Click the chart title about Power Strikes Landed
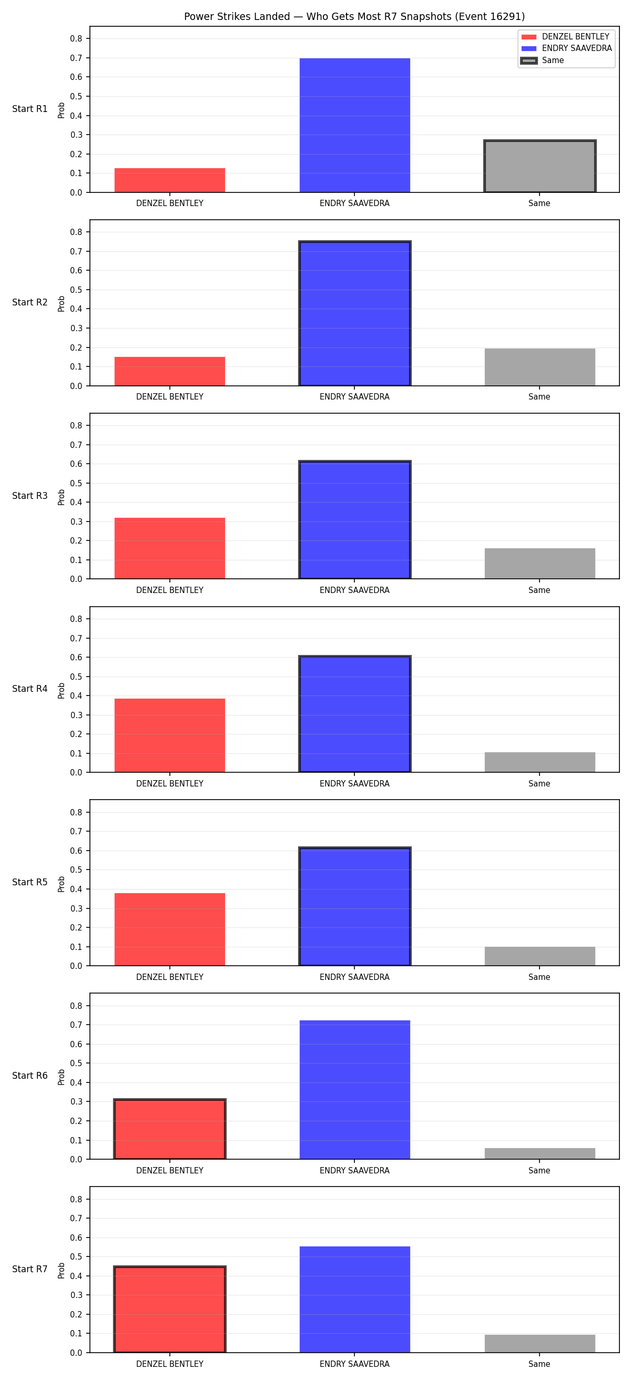[x=354, y=17]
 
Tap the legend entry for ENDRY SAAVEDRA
[x=566, y=48]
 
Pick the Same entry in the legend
[x=542, y=60]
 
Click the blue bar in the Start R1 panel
[x=354, y=125]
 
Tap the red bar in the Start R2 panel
[x=170, y=371]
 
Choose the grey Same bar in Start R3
[x=540, y=564]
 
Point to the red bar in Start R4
[x=170, y=735]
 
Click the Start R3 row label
[x=30, y=496]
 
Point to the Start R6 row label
[x=30, y=1076]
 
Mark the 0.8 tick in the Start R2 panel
[x=76, y=232]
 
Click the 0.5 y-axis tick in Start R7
[x=76, y=1257]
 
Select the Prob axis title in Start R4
[x=62, y=690]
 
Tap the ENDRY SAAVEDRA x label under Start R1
[x=354, y=203]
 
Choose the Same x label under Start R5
[x=540, y=977]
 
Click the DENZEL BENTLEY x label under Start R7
[x=170, y=1364]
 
